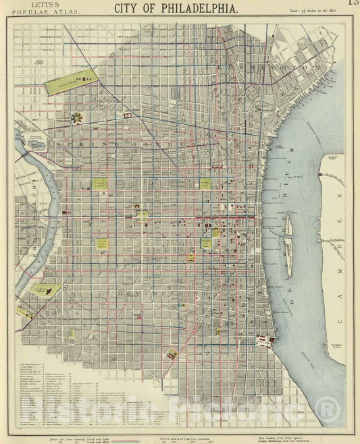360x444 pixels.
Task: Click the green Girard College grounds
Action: click(x=70, y=82)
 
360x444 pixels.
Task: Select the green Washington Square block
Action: click(x=206, y=242)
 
